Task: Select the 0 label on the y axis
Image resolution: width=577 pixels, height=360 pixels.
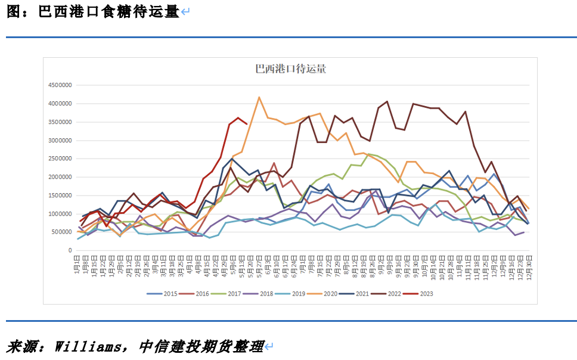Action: (x=70, y=251)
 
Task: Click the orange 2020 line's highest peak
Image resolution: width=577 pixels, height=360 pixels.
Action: (x=259, y=97)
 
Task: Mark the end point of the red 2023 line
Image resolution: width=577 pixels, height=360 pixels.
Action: (x=247, y=124)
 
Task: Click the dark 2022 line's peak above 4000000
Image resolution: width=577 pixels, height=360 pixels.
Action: (x=387, y=102)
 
